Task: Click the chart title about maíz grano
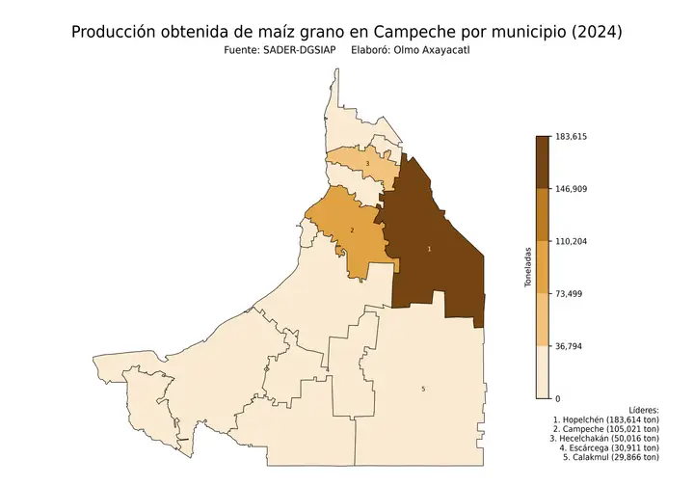tap(347, 32)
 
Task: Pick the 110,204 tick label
tap(571, 241)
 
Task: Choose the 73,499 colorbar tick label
tap(569, 293)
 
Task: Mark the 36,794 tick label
tap(569, 346)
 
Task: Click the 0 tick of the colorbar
tap(557, 398)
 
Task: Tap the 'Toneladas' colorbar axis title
tap(527, 267)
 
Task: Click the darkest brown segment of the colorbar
tap(542, 162)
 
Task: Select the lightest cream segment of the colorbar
tap(542, 372)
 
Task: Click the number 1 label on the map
tap(429, 249)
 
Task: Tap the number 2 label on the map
tap(352, 230)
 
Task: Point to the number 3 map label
tap(366, 165)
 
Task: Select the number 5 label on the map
tap(423, 389)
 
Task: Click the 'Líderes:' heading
tap(643, 410)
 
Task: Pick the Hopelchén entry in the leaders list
tap(606, 421)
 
